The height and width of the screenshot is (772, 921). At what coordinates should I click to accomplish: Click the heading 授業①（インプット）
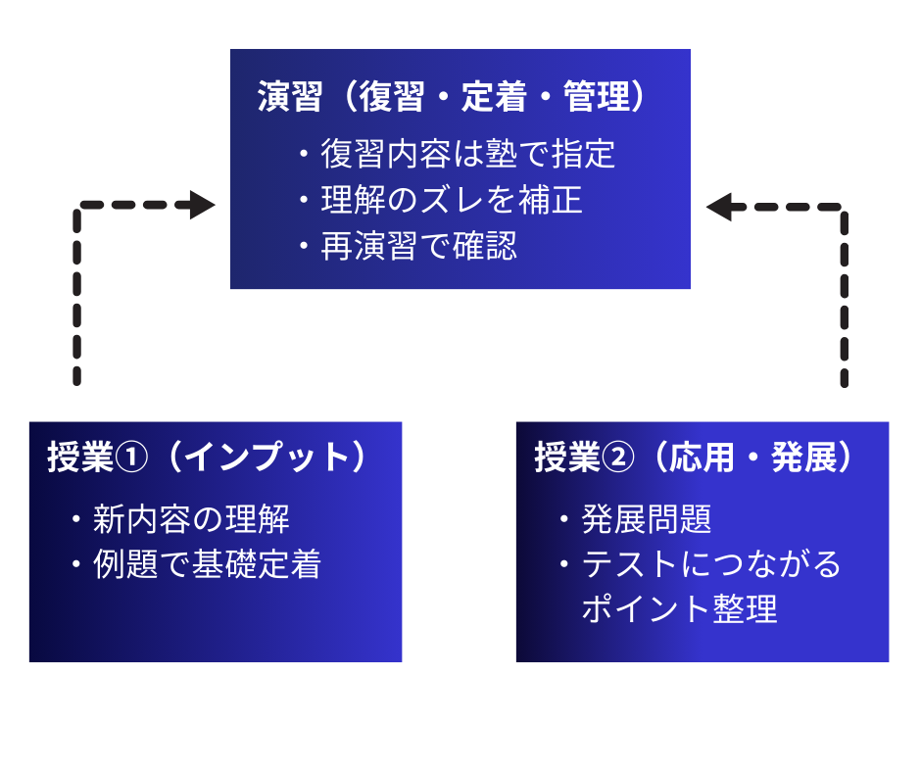pyautogui.click(x=207, y=458)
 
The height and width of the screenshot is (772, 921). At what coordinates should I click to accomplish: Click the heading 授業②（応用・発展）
pyautogui.click(x=694, y=458)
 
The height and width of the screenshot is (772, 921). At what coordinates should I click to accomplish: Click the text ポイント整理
pyautogui.click(x=679, y=609)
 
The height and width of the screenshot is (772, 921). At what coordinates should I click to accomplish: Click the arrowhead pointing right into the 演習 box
pyautogui.click(x=204, y=206)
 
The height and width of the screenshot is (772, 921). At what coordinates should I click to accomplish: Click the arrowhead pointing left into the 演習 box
pyautogui.click(x=719, y=207)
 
